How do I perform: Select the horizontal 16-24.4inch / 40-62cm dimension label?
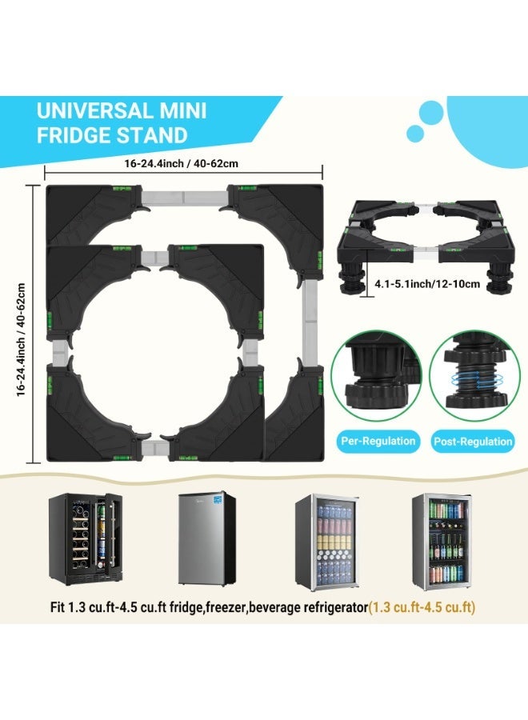(181, 163)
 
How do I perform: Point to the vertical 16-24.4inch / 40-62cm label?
(21, 339)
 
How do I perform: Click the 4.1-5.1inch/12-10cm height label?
(427, 284)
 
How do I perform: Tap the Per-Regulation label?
(378, 442)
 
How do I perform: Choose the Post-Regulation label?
(473, 442)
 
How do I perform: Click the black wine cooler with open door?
(86, 538)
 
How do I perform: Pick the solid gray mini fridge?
(207, 538)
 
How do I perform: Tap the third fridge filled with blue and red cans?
(326, 542)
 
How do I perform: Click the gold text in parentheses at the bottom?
(422, 607)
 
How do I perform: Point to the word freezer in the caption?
(227, 607)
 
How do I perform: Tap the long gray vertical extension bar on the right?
(310, 323)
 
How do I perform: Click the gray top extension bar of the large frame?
(185, 198)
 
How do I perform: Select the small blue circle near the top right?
(415, 133)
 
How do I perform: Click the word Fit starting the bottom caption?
(58, 607)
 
